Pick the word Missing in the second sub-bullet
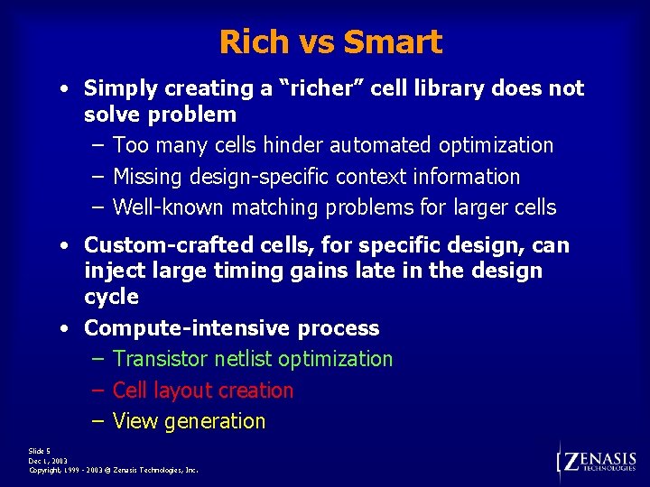click(146, 177)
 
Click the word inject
click(112, 271)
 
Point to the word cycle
click(110, 297)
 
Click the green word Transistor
click(161, 359)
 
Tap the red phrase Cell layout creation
click(203, 391)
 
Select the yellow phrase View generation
click(189, 421)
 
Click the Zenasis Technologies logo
click(598, 461)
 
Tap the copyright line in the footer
click(114, 470)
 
